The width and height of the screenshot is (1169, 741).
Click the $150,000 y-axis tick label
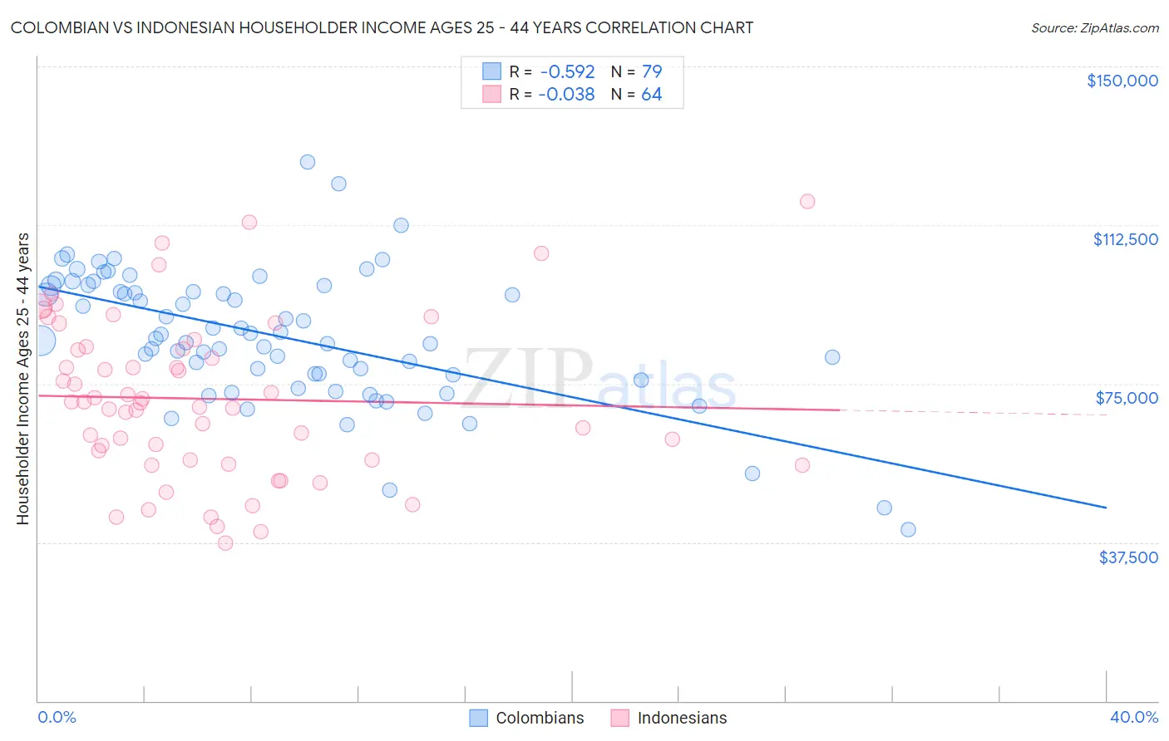point(1122,81)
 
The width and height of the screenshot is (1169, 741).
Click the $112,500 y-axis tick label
point(1125,239)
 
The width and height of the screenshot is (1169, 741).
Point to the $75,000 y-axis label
point(1127,398)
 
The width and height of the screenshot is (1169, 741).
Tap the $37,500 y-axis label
point(1128,557)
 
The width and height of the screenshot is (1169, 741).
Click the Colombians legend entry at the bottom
point(527,718)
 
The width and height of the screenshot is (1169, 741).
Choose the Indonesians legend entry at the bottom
point(668,718)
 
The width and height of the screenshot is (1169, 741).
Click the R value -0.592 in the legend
point(566,72)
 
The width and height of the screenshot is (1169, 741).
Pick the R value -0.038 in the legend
point(566,95)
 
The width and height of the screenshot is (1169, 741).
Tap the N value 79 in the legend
point(651,72)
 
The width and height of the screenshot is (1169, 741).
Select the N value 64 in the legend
point(651,95)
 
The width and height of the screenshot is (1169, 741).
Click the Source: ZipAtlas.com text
point(1094,28)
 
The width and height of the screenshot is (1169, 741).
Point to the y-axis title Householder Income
point(23,379)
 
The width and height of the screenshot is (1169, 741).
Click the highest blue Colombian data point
point(308,162)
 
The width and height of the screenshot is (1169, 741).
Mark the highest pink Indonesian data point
point(806,201)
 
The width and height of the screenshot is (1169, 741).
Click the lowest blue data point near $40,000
point(908,529)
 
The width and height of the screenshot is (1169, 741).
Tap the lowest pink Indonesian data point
point(225,543)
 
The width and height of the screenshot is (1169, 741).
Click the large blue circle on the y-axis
point(40,341)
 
